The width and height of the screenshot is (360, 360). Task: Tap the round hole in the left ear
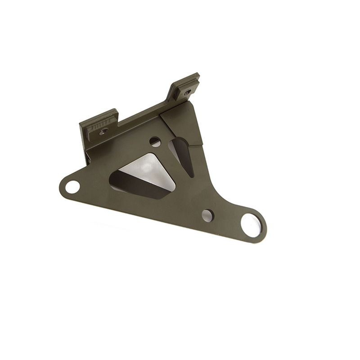[x=72, y=186]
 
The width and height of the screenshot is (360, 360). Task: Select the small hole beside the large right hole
[x=207, y=216]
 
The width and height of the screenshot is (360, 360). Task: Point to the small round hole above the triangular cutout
[x=155, y=142]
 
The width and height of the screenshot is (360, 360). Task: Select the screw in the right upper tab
[x=187, y=92]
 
